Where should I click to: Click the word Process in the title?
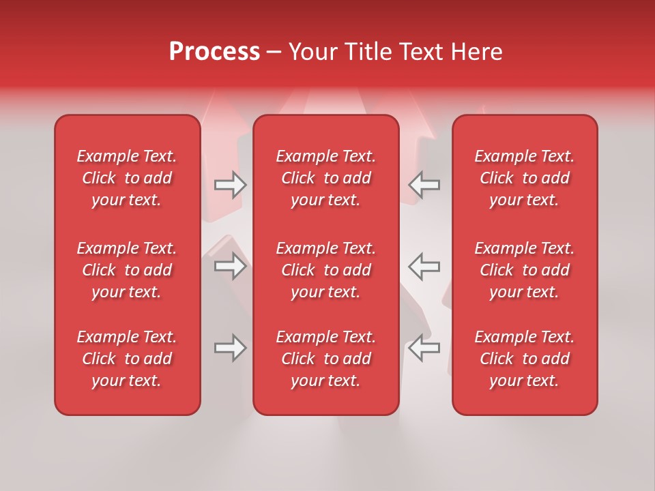pyautogui.click(x=214, y=52)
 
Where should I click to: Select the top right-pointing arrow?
pyautogui.click(x=231, y=185)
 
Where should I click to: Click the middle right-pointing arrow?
pyautogui.click(x=231, y=266)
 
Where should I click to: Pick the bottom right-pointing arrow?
pyautogui.click(x=231, y=348)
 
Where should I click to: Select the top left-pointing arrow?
pyautogui.click(x=424, y=185)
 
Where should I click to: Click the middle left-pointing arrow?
pyautogui.click(x=424, y=266)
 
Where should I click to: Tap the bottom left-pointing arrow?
pyautogui.click(x=424, y=348)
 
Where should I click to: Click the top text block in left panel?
pyautogui.click(x=127, y=178)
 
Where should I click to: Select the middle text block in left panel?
pyautogui.click(x=127, y=270)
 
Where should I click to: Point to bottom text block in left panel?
pyautogui.click(x=127, y=359)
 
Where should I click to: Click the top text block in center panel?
pyautogui.click(x=326, y=178)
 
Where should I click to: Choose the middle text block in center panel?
pyautogui.click(x=326, y=270)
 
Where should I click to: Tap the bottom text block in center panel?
pyautogui.click(x=326, y=359)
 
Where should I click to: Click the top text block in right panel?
pyautogui.click(x=525, y=178)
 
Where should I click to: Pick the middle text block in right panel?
pyautogui.click(x=525, y=270)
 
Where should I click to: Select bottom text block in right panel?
pyautogui.click(x=525, y=359)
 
